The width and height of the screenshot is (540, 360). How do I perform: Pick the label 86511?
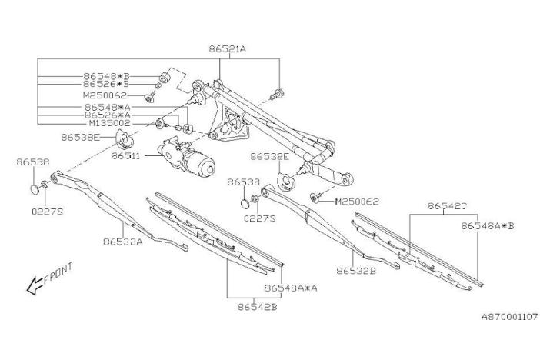[x=127, y=155]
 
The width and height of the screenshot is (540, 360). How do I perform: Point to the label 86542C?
[x=447, y=206]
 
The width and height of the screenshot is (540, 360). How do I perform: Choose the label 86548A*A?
[x=291, y=288]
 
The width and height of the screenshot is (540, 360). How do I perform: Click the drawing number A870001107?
[x=508, y=316]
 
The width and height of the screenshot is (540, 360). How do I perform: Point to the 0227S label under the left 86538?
[x=47, y=210]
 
